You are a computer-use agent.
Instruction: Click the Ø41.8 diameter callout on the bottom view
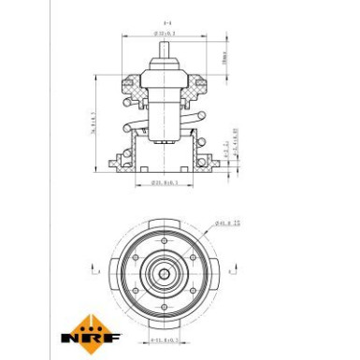click(228, 223)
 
